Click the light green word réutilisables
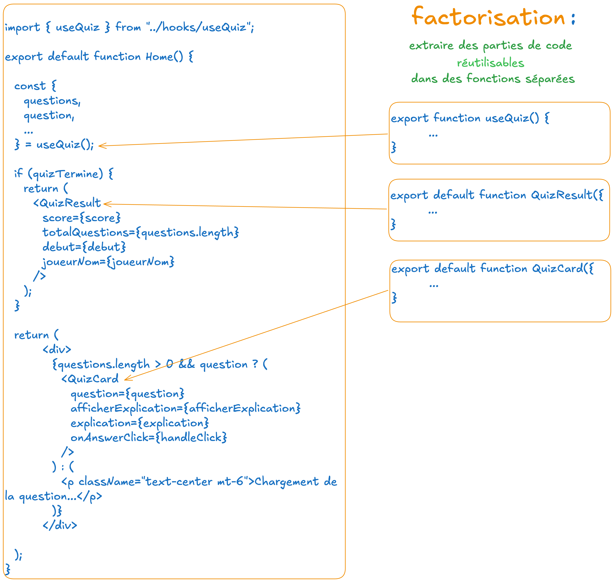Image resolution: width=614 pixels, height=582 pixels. coord(490,63)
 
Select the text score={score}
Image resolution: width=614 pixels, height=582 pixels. coord(81,218)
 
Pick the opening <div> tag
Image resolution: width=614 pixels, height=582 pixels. coord(57,350)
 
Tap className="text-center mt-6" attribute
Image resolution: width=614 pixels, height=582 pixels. coord(161,482)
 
